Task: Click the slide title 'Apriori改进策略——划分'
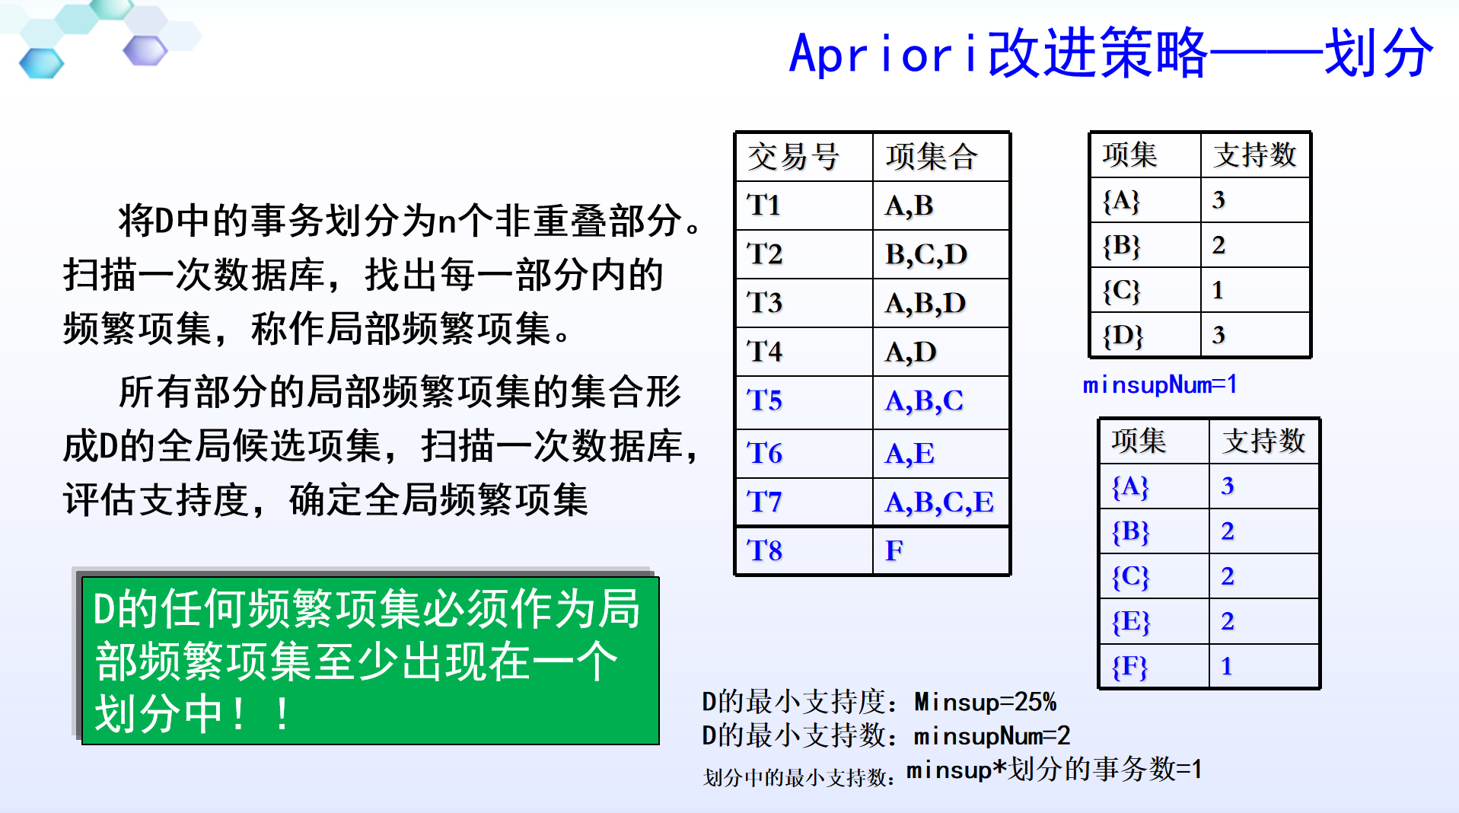(1111, 53)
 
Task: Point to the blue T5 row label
(765, 400)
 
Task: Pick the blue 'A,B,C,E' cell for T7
(939, 502)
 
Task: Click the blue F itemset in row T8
(894, 550)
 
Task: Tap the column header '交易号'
(793, 157)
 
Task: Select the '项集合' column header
(932, 157)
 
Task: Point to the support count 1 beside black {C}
(1218, 290)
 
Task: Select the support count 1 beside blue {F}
(1226, 667)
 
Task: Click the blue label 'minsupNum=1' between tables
(1160, 385)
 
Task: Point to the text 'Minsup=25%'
(985, 702)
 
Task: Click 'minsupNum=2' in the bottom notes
(992, 736)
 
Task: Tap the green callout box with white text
(370, 661)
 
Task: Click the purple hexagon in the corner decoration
(145, 50)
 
